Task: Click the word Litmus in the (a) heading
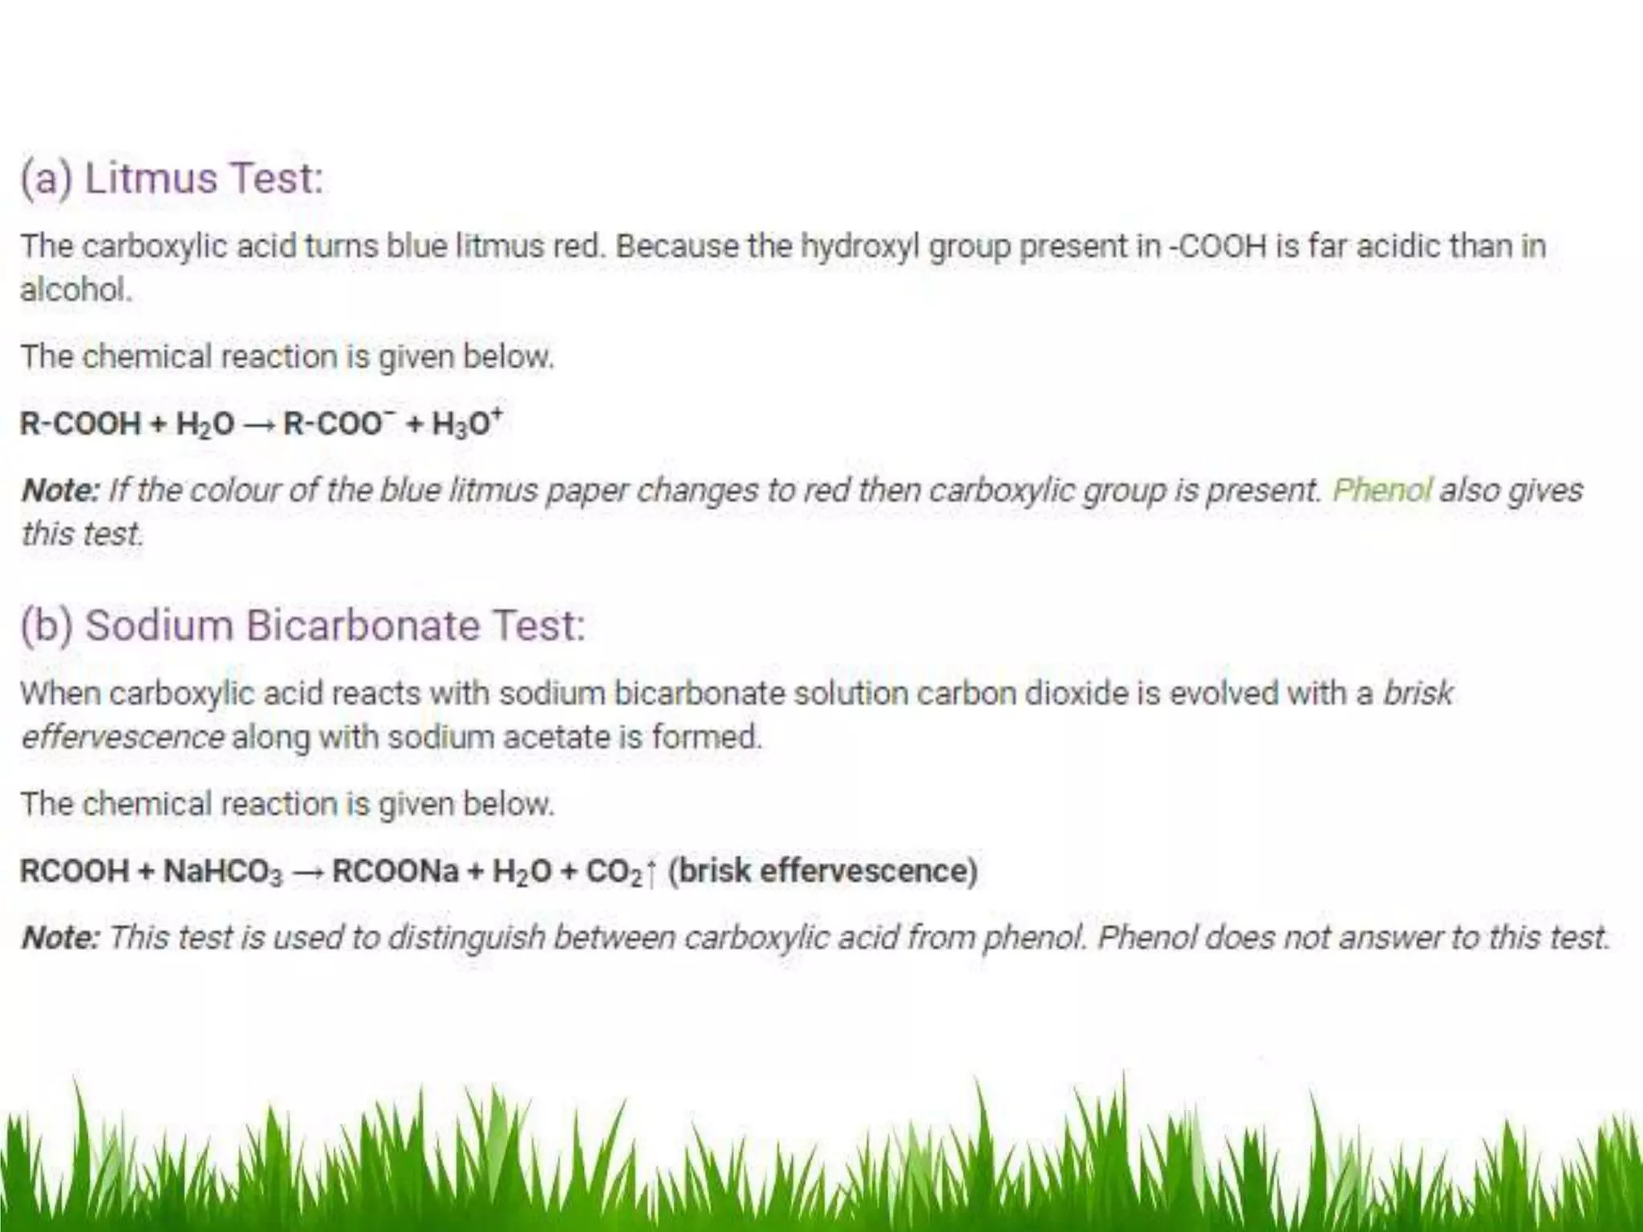click(x=151, y=177)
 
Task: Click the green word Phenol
click(x=1381, y=489)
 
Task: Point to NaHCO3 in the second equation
click(x=223, y=871)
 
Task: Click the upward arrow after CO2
click(x=651, y=872)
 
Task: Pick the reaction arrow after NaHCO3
click(x=307, y=872)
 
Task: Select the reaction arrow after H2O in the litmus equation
click(x=258, y=423)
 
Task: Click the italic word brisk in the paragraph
click(x=1418, y=693)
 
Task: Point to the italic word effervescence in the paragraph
click(x=123, y=736)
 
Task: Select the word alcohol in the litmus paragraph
click(x=75, y=290)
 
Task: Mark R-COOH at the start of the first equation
click(x=80, y=423)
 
